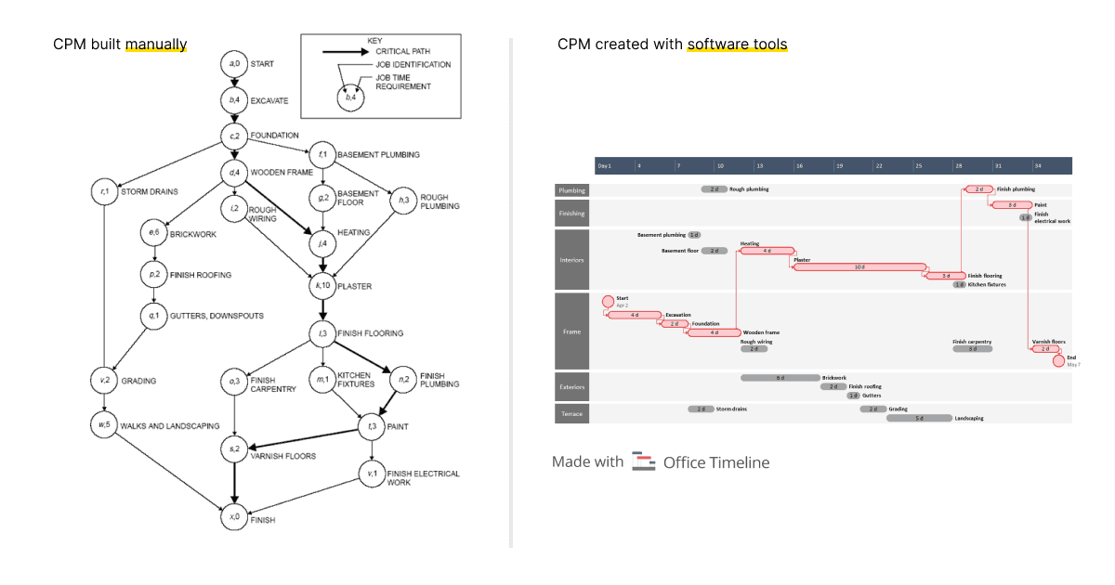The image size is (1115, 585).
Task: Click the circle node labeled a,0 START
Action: coord(234,64)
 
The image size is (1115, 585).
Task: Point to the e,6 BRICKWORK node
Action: coord(152,234)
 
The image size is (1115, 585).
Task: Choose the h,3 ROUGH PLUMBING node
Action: coord(403,201)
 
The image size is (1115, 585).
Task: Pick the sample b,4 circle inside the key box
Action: coord(350,96)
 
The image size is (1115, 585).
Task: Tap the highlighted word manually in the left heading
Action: coord(156,45)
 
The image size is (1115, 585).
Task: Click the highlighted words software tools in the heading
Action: coord(737,45)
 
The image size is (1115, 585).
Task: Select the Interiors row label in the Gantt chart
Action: coord(572,260)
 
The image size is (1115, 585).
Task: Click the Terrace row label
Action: coord(572,413)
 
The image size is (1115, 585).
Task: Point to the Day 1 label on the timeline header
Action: coord(605,165)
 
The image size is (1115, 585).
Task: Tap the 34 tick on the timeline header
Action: coord(1038,165)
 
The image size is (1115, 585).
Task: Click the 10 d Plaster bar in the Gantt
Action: coord(859,266)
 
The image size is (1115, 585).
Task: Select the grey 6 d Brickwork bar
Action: coord(780,378)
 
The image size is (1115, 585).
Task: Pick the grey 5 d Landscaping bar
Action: coord(919,418)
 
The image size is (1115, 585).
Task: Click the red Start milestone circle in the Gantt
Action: coord(608,301)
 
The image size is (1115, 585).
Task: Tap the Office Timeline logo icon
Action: coord(643,461)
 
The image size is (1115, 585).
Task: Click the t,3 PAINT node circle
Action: coord(373,427)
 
